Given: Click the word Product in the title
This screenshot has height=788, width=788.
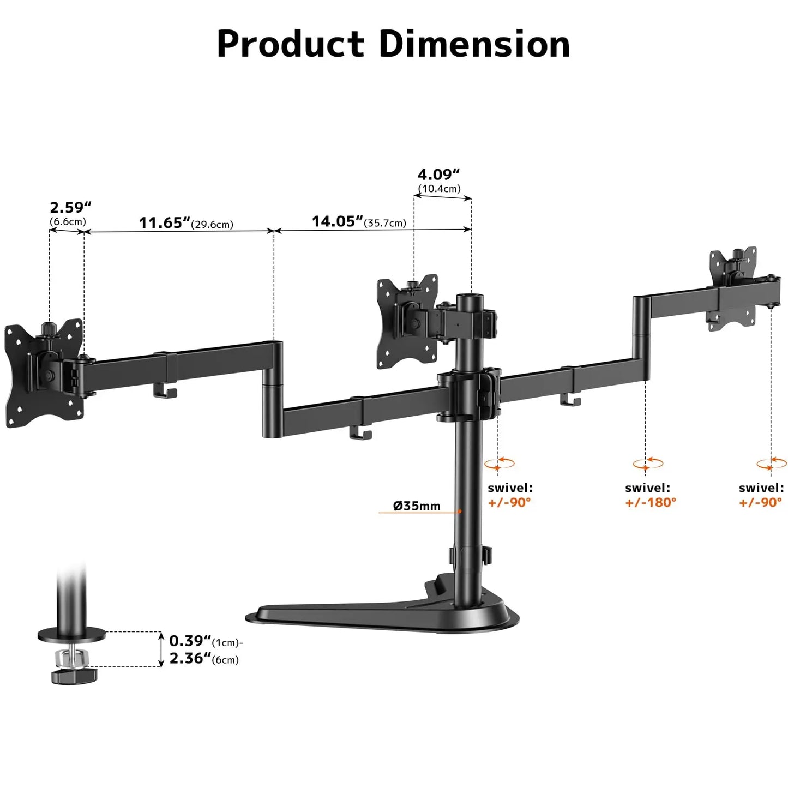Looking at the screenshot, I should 290,44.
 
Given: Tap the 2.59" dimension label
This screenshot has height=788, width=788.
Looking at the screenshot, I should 70,208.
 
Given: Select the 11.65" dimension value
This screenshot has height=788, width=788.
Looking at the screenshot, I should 164,223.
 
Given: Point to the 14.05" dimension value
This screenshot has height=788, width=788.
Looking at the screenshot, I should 337,221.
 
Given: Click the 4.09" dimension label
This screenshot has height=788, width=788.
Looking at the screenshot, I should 438,175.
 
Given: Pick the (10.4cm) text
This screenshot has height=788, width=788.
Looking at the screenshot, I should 439,189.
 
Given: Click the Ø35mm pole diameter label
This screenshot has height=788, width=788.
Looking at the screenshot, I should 417,506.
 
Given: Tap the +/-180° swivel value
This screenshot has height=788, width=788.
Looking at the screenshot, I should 650,502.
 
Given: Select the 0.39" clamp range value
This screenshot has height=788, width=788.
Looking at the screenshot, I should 190,641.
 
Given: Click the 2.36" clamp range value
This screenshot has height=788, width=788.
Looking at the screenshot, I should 190,658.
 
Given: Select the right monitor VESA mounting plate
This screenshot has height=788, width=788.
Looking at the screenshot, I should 733,289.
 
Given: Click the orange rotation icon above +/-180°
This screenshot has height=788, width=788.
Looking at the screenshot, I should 648,464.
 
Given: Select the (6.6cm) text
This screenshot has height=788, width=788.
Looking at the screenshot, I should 68,222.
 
